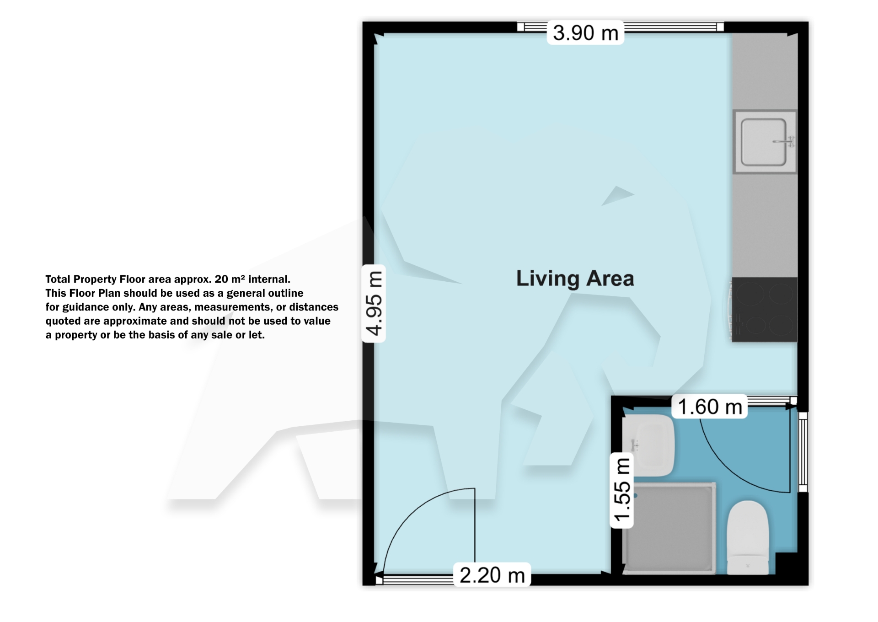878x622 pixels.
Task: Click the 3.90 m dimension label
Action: [585, 33]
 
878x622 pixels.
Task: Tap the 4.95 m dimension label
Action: [374, 303]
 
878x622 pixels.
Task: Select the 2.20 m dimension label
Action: [492, 575]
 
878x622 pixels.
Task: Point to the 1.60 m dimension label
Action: [709, 407]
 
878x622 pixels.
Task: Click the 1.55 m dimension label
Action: [622, 490]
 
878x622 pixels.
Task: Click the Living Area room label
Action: [575, 279]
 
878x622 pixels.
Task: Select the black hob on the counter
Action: [764, 310]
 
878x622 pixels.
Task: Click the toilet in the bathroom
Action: [748, 537]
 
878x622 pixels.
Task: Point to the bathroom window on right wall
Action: [803, 451]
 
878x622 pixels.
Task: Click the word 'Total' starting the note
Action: [58, 279]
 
